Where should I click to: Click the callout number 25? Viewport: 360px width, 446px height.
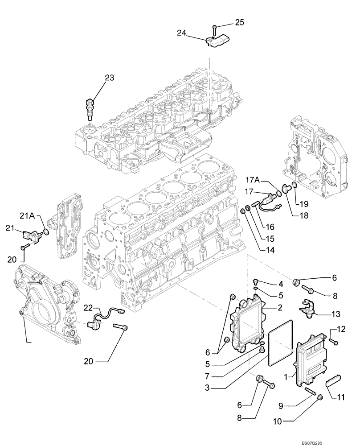240,22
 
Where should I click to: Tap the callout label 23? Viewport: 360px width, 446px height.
110,78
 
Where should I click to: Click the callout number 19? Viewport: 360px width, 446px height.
304,204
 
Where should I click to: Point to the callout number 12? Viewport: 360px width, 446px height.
341,330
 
